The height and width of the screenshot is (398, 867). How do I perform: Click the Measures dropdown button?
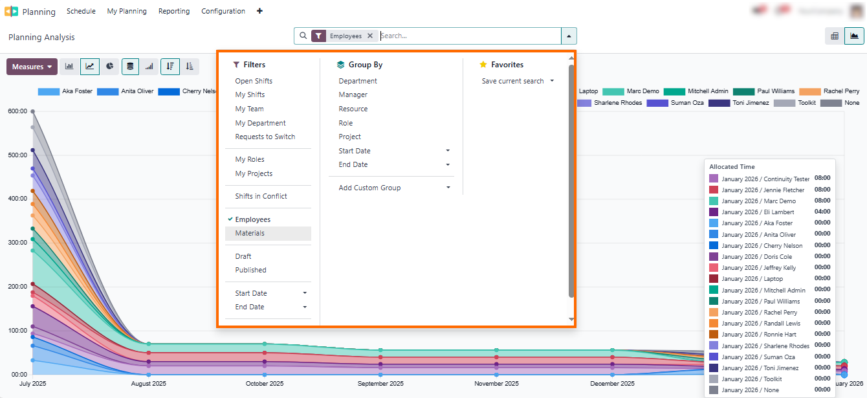(x=32, y=67)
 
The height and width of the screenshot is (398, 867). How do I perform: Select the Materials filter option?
(x=250, y=234)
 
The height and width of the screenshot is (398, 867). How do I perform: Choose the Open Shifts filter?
(x=254, y=82)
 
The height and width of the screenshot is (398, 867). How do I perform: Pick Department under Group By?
(x=358, y=82)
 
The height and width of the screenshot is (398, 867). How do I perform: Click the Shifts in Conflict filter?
(x=261, y=197)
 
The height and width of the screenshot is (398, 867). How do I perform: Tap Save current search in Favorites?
(x=513, y=82)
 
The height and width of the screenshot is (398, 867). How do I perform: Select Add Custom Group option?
(x=369, y=188)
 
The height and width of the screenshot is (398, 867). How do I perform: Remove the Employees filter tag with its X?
(x=370, y=36)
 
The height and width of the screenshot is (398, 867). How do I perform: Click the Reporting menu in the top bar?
(x=174, y=11)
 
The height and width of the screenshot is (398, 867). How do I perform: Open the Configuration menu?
(x=223, y=11)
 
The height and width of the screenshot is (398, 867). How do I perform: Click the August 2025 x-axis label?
(x=149, y=384)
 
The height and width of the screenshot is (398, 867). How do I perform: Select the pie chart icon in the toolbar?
(x=110, y=66)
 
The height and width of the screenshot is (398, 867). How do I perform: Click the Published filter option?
(x=250, y=271)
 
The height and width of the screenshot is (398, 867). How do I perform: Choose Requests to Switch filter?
(x=265, y=137)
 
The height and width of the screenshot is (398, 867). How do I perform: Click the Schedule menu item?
(x=81, y=11)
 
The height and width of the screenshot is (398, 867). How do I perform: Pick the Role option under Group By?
(x=346, y=123)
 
